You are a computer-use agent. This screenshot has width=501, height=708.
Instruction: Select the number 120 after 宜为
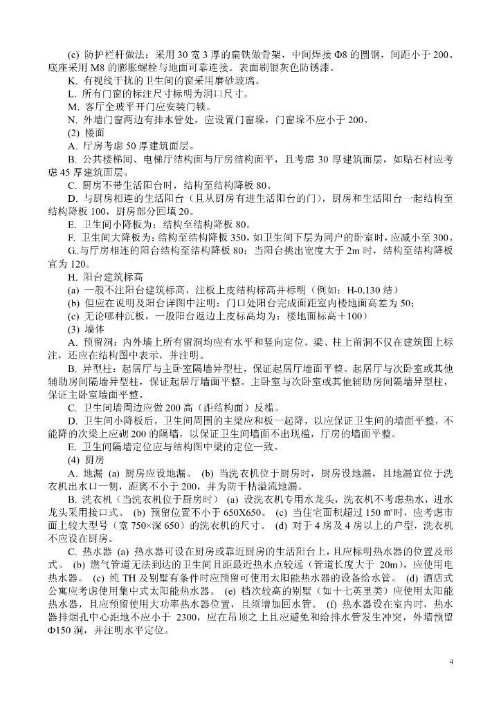click(80, 263)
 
